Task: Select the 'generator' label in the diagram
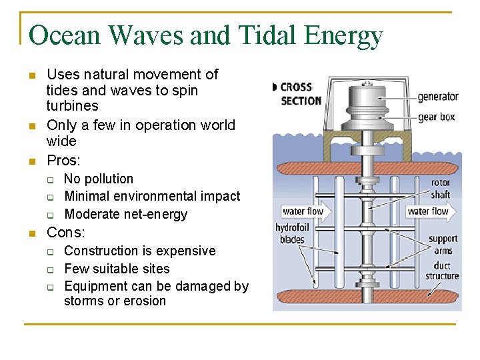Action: (438, 96)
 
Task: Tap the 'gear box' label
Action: (436, 117)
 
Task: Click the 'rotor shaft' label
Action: (440, 189)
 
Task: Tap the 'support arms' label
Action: (443, 245)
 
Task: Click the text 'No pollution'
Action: (99, 179)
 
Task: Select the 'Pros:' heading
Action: (63, 161)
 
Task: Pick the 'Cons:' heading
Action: (65, 233)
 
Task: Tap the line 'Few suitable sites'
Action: (117, 269)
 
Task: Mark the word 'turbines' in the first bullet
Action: (72, 106)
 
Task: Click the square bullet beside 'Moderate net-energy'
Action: (49, 215)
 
